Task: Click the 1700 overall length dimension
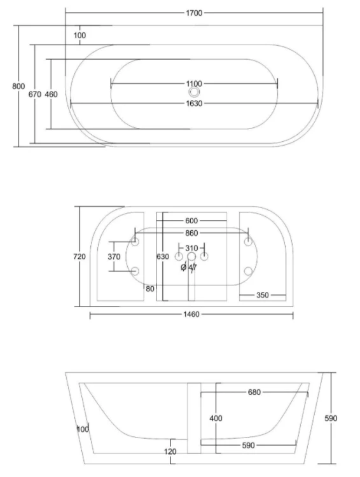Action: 194,13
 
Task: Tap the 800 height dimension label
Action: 18,86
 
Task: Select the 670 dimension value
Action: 35,95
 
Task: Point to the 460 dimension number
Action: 51,95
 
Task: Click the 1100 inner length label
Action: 194,84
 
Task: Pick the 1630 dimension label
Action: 194,104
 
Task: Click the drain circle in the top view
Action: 194,92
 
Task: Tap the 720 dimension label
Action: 80,257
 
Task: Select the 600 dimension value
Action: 191,221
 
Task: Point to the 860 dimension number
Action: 191,233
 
